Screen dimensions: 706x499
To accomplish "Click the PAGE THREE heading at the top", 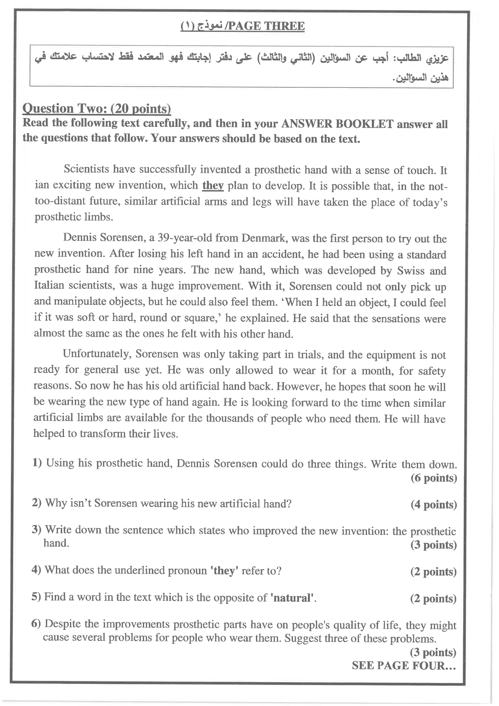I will [243, 27].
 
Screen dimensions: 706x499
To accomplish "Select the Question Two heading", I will [97, 108].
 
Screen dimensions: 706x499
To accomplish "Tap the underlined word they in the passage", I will [213, 185].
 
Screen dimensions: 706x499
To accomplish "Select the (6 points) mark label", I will [433, 478].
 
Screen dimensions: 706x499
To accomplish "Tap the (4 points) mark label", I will [433, 505].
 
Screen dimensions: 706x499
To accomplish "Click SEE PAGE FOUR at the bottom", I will [404, 665].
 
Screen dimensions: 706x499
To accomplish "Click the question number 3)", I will [37, 530].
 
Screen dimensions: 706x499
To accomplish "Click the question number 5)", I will [36, 597].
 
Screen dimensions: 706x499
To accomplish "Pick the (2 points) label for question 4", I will [433, 571].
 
